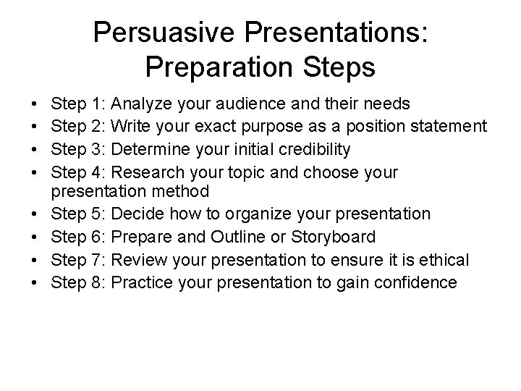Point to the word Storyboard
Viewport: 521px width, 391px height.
click(x=335, y=237)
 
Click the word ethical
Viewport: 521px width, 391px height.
click(x=444, y=259)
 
